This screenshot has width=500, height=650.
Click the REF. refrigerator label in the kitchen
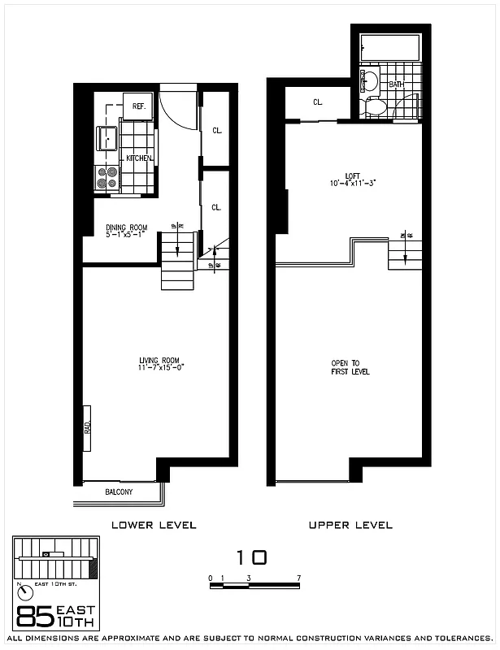point(138,106)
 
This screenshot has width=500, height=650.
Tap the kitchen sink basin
point(107,138)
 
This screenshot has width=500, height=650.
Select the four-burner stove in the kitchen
point(107,177)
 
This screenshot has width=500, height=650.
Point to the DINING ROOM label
point(124,227)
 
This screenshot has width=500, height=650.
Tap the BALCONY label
point(119,492)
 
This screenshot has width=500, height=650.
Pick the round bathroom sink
point(368,80)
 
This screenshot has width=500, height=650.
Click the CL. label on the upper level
point(318,102)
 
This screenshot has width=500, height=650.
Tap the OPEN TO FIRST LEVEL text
point(350,367)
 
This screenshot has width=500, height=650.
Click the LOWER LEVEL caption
point(154,525)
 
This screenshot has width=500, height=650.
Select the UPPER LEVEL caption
point(350,525)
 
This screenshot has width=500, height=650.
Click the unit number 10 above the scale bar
point(251,557)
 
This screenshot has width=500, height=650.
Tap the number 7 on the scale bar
point(300,578)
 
